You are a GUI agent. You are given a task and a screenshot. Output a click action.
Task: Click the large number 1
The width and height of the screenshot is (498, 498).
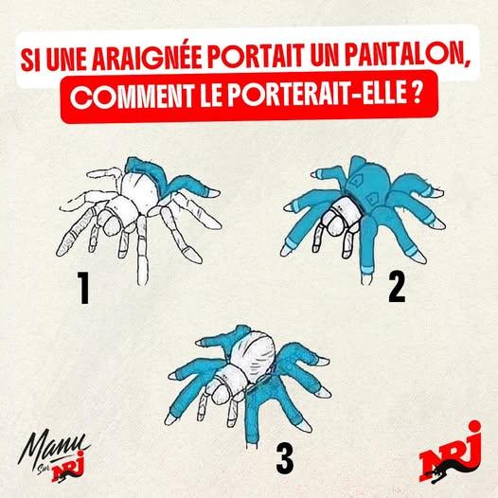(83, 289)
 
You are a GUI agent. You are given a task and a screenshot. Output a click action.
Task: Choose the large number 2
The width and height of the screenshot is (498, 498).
(397, 288)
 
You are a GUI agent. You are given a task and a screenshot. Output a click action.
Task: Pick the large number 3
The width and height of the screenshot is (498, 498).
(284, 458)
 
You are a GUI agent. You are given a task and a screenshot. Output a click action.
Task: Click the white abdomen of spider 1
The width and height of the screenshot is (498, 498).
(140, 187)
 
